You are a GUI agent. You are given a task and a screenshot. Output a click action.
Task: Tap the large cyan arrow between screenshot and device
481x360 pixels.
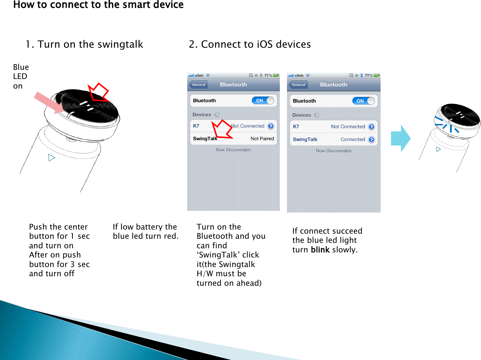click(x=401, y=138)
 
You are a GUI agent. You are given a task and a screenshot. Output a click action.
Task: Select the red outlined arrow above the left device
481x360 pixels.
click(x=98, y=92)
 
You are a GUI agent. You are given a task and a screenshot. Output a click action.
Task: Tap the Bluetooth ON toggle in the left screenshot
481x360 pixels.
click(x=263, y=100)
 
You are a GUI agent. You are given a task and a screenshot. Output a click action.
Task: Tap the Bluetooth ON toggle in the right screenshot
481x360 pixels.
click(x=363, y=101)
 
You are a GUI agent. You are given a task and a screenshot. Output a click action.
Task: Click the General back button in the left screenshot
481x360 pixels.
click(x=198, y=84)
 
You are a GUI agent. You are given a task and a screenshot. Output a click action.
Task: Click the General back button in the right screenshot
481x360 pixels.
click(x=298, y=85)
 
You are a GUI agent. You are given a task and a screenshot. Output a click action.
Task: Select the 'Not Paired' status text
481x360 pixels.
click(x=262, y=139)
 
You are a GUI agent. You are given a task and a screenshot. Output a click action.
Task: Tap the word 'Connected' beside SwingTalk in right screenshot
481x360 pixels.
click(x=353, y=139)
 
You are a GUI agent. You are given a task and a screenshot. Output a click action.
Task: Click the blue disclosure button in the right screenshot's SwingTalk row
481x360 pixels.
click(x=371, y=139)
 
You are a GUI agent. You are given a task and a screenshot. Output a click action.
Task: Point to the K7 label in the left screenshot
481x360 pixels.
click(x=196, y=126)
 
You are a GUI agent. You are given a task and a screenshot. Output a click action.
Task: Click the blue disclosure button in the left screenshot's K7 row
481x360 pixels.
click(x=271, y=126)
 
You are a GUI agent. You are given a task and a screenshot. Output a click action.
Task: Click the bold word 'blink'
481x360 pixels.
click(x=320, y=250)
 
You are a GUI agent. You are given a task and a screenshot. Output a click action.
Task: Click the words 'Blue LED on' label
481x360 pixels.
click(x=21, y=77)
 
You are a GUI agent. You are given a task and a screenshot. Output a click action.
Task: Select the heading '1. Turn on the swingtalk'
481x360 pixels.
click(x=84, y=44)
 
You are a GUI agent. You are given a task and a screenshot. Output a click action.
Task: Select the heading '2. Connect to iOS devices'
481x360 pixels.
click(x=250, y=44)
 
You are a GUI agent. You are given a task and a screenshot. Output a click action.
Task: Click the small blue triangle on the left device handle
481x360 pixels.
click(x=51, y=158)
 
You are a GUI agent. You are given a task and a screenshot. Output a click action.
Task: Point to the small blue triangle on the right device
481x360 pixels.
click(x=438, y=149)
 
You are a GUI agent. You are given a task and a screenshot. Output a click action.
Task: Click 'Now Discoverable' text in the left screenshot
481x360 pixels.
click(x=234, y=150)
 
